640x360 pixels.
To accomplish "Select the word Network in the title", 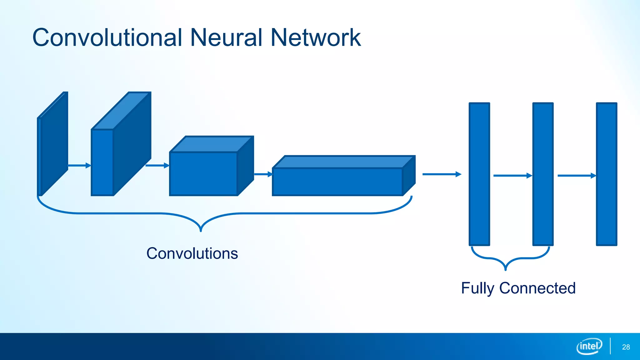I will (316, 38).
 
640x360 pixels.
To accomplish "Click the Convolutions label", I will (192, 253).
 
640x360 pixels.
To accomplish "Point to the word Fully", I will (477, 288).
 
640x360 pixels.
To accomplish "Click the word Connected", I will (537, 288).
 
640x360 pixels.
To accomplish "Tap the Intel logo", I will (589, 346).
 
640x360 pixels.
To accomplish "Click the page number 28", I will (626, 347).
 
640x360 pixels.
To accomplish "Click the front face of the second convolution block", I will (102, 162).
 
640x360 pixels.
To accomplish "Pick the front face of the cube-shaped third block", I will (203, 174).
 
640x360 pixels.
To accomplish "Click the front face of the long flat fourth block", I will (337, 182).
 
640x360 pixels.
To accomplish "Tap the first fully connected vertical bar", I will (479, 174).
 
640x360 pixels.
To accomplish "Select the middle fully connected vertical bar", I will (543, 174).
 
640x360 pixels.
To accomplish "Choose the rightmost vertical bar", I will (607, 174).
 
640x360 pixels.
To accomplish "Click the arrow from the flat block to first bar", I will (442, 174).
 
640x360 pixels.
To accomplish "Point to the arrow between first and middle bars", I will (512, 176).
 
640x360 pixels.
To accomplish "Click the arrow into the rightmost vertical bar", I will (577, 176).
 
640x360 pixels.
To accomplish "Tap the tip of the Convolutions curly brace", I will (201, 230).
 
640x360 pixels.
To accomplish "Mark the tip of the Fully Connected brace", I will (506, 269).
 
